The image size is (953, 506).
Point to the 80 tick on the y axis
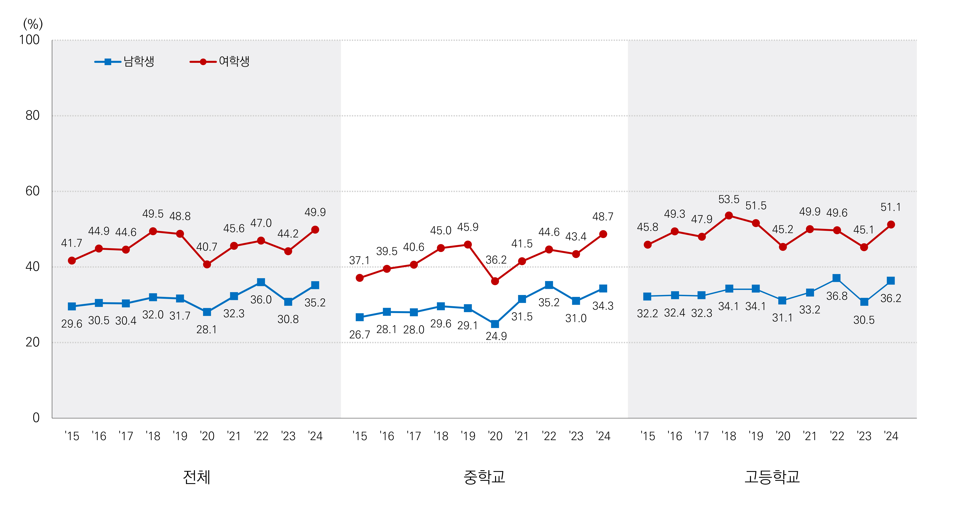pos(33,115)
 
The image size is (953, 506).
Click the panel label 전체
pos(196,477)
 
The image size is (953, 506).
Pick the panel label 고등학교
pos(772,477)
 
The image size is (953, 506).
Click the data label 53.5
pos(728,200)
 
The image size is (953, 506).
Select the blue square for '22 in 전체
pos(261,282)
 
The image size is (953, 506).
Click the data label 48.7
pos(603,217)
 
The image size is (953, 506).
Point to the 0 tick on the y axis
pos(36,418)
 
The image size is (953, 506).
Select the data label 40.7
pos(206,247)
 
